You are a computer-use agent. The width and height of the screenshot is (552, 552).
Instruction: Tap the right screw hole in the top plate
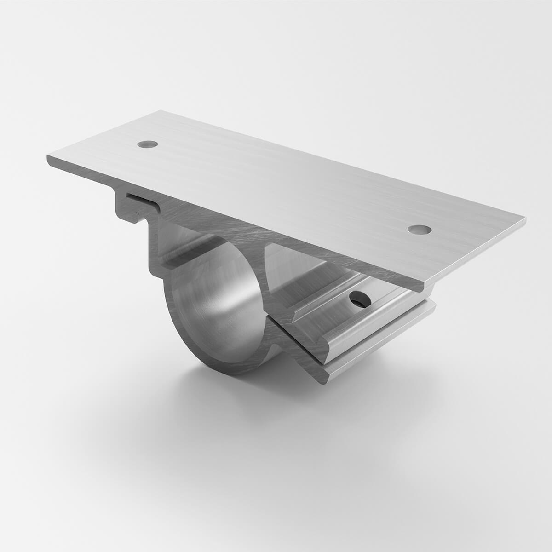(x=419, y=229)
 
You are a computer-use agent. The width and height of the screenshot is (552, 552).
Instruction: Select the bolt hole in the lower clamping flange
(x=357, y=299)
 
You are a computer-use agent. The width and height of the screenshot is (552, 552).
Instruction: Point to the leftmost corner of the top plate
(x=48, y=159)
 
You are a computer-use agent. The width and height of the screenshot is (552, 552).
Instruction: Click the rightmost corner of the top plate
(x=525, y=221)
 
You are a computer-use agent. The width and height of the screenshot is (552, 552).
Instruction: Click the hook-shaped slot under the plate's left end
(x=138, y=202)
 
